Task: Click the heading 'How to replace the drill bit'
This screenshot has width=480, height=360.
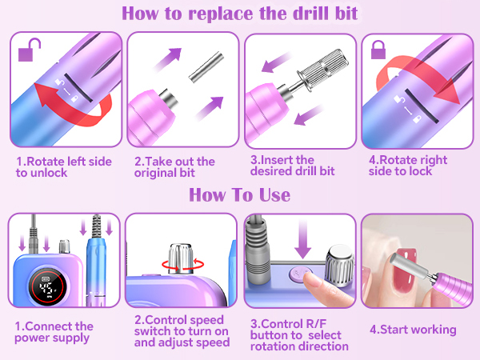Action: [239, 14]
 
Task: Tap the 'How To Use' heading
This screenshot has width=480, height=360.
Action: [239, 195]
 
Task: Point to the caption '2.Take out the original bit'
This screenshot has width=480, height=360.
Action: [174, 167]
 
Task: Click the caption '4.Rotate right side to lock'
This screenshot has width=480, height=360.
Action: [408, 167]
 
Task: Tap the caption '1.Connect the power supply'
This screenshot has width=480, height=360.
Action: [54, 333]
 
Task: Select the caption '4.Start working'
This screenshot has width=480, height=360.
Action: [413, 329]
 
